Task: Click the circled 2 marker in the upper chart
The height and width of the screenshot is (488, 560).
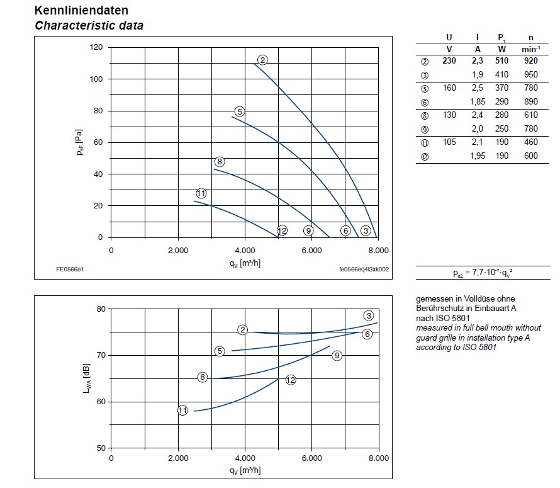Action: point(263,60)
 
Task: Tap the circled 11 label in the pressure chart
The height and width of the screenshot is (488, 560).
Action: point(201,193)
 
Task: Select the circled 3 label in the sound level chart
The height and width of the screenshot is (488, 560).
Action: point(369,316)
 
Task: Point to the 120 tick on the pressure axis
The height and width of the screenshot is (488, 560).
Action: point(96,47)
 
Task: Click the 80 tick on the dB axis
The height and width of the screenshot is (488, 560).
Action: point(99,309)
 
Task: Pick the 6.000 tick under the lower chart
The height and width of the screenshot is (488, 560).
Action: point(311,459)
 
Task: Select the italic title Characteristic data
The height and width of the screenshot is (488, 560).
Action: point(89,26)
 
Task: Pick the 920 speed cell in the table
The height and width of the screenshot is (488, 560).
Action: point(532,62)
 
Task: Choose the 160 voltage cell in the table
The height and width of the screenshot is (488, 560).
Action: point(449,88)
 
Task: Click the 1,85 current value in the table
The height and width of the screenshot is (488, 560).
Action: point(476,101)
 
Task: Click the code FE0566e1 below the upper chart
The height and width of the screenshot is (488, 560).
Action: point(70,269)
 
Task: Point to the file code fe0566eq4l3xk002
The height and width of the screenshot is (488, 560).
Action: point(364,270)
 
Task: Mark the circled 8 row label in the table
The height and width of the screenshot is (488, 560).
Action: point(425,115)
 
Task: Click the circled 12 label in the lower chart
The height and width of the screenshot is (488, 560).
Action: point(290,380)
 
